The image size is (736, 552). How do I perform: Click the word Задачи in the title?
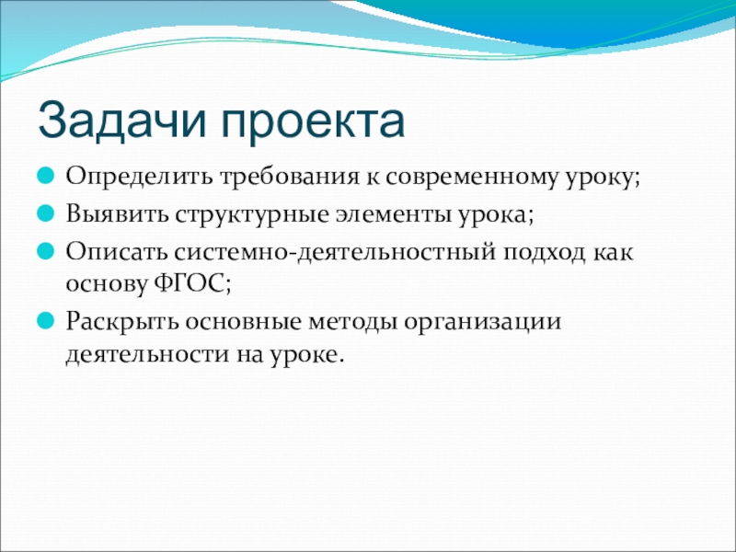coord(122,122)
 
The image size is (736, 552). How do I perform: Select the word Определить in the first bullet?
coord(139,178)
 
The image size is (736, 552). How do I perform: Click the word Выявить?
coord(117,214)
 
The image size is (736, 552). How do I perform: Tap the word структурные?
coord(251,215)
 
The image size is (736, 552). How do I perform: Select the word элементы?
coord(394,214)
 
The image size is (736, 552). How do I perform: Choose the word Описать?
coord(117,251)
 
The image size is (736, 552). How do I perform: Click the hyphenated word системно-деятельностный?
coord(336,252)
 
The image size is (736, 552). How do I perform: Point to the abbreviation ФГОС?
coord(193,283)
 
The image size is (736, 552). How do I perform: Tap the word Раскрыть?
coord(122,323)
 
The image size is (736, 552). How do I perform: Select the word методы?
coord(352,322)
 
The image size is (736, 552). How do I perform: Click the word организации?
coord(483,323)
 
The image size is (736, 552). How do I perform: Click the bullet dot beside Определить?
coord(45,177)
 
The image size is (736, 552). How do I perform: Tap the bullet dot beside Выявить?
coord(45,214)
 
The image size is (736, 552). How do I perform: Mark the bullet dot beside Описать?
coord(45,251)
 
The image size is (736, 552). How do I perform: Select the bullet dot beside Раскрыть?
coord(45,321)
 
